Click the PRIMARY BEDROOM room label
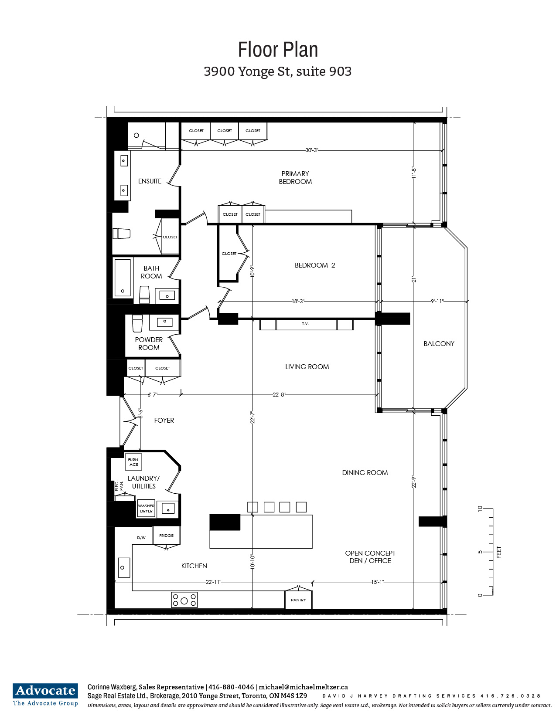[x=295, y=178]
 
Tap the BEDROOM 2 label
[x=314, y=265]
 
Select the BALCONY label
[x=439, y=344]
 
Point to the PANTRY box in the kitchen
[x=298, y=600]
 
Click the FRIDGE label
[x=166, y=536]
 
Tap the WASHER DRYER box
[x=146, y=508]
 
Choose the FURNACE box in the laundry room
[x=133, y=462]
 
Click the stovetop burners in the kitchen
[x=184, y=600]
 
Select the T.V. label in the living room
[x=305, y=324]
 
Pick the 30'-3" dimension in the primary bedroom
[x=312, y=150]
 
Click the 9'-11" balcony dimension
[x=437, y=302]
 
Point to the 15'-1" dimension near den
[x=377, y=582]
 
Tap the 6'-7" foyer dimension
[x=152, y=395]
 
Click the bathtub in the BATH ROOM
[x=123, y=278]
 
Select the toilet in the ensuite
[x=121, y=234]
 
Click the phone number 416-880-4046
[x=231, y=687]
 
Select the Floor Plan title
[x=278, y=50]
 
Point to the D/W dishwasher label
[x=141, y=538]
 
